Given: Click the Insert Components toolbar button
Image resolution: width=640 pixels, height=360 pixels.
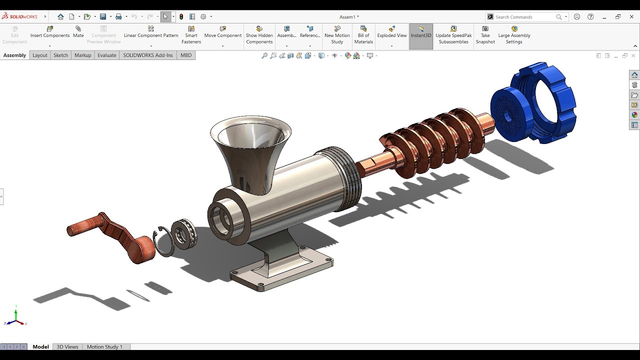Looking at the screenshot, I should [x=49, y=32].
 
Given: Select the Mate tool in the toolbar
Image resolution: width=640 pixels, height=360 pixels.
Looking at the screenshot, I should [x=78, y=32].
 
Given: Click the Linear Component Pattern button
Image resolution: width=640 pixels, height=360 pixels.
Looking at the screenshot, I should [x=150, y=32].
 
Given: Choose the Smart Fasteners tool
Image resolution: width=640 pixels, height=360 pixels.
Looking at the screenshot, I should [x=191, y=35].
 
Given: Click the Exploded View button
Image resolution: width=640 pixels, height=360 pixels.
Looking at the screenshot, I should [x=391, y=32].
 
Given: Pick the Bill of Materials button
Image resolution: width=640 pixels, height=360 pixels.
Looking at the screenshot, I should [x=363, y=35].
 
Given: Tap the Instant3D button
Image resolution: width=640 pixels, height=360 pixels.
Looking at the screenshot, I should [x=420, y=32].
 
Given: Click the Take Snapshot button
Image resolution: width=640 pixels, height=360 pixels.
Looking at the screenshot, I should [x=485, y=35].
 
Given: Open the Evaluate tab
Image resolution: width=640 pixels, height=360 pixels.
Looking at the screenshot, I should [x=106, y=55].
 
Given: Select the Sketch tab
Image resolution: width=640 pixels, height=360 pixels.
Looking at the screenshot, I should [x=60, y=55].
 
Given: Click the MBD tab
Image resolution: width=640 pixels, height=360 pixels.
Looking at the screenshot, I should [x=186, y=55].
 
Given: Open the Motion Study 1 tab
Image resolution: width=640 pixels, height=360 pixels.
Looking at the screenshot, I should [x=104, y=346].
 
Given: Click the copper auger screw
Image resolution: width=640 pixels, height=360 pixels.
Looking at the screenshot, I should [x=430, y=140].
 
